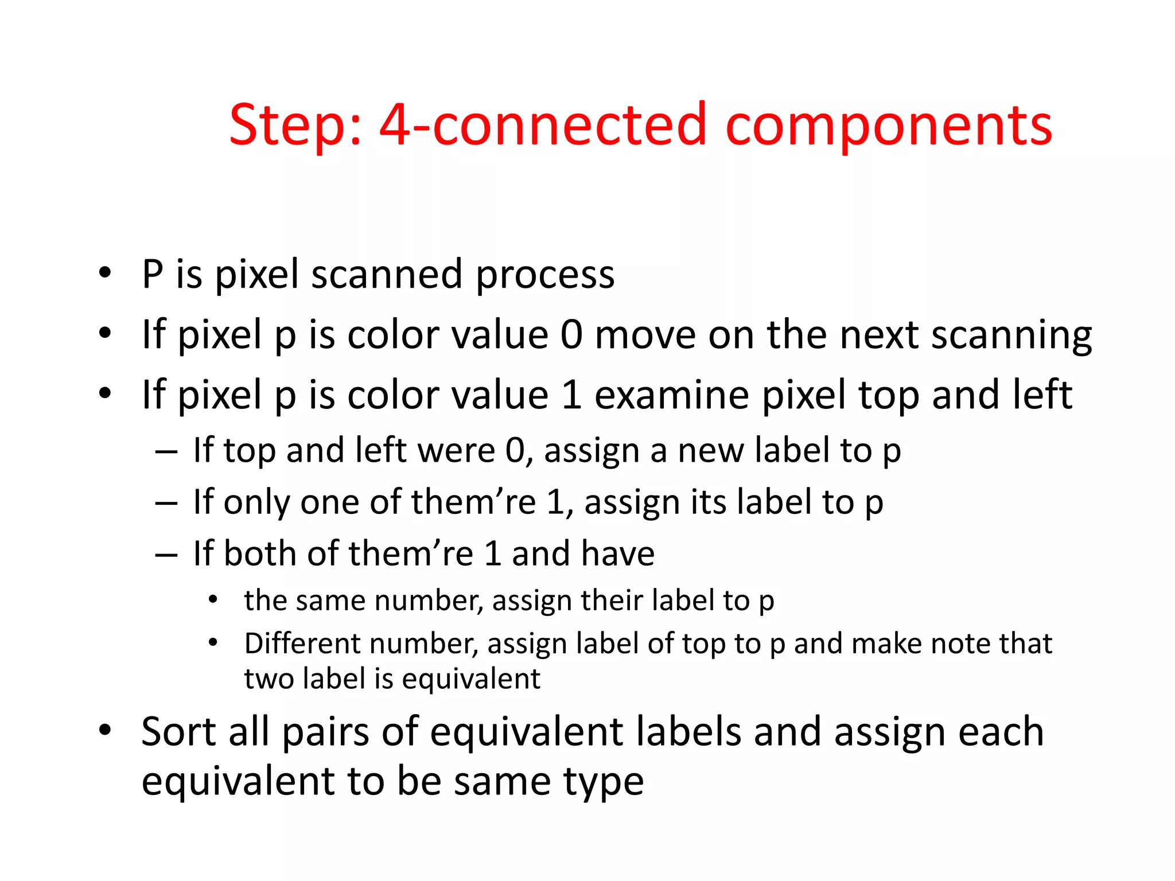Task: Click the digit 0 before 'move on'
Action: (x=571, y=335)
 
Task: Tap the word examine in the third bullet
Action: (x=671, y=396)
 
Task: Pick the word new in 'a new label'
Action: (x=710, y=451)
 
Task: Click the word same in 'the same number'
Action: (x=330, y=602)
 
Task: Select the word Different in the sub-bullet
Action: (x=301, y=644)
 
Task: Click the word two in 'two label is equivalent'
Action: (x=269, y=679)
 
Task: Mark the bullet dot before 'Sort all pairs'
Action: (x=104, y=731)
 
